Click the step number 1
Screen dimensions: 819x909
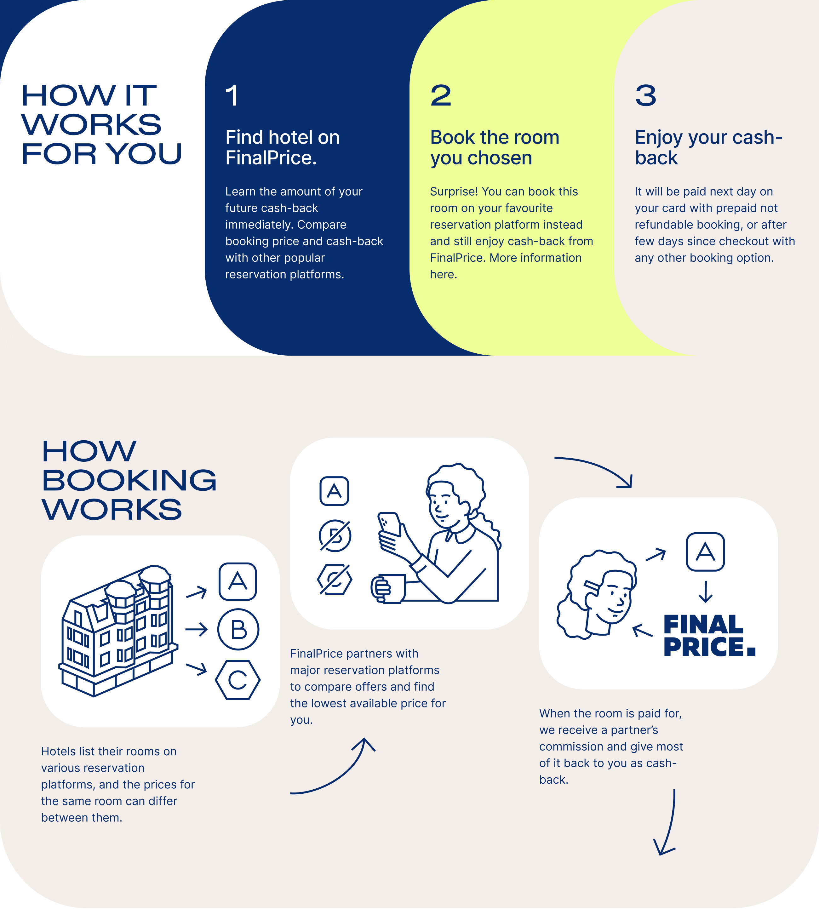coord(232,95)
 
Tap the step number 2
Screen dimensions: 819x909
coord(441,95)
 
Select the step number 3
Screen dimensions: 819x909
coord(646,95)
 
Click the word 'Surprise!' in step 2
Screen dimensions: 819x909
coord(454,192)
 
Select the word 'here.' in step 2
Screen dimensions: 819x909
coord(443,275)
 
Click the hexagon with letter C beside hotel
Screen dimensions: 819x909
coord(238,680)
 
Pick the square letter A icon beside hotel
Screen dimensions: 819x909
coord(238,581)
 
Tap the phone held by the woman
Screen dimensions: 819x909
coord(390,524)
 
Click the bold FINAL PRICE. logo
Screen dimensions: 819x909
coord(709,635)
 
